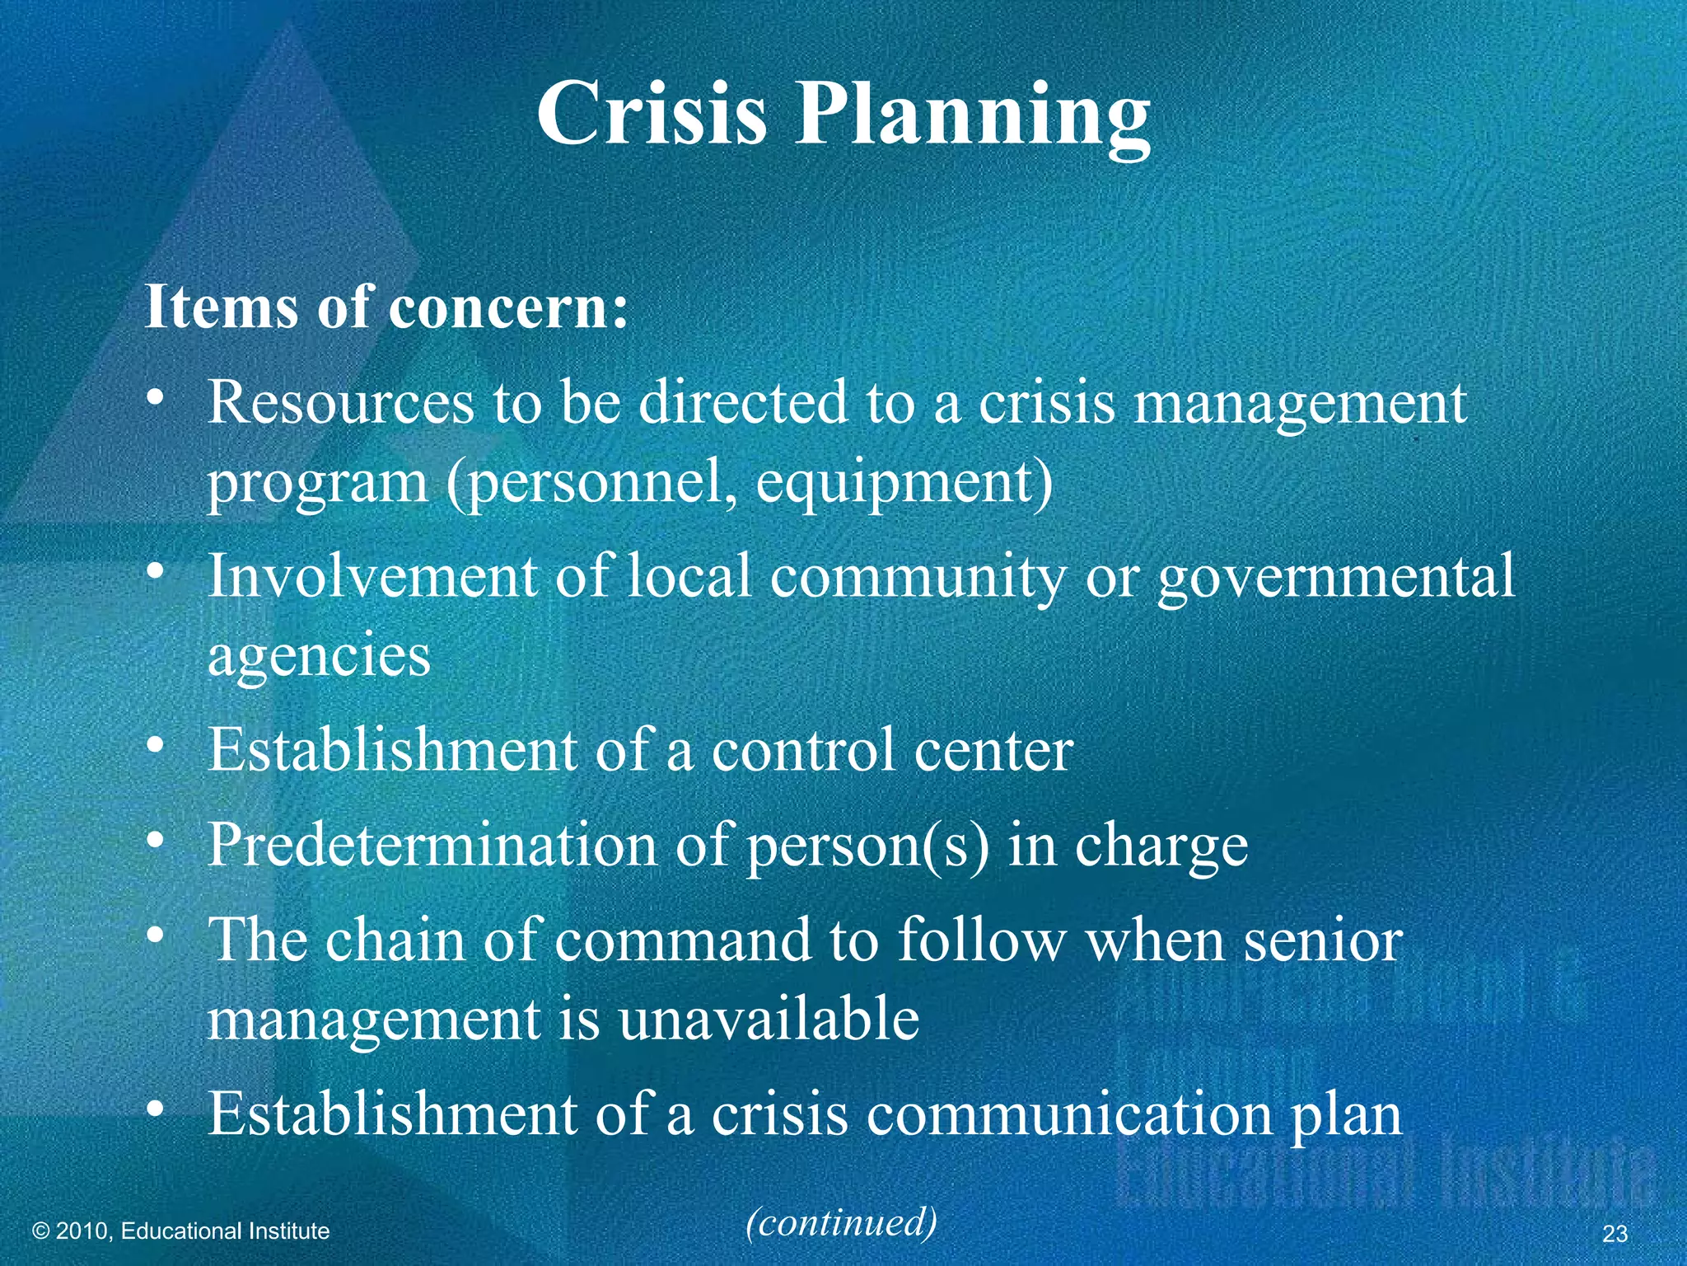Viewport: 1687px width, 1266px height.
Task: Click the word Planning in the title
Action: [x=972, y=117]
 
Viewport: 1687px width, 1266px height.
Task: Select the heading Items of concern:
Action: [x=386, y=307]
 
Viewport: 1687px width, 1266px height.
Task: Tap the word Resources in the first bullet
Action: [x=340, y=403]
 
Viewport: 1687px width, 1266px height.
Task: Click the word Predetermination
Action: [x=431, y=846]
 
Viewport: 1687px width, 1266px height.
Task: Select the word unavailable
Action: [x=768, y=1020]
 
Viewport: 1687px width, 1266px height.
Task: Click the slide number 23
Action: [x=1615, y=1234]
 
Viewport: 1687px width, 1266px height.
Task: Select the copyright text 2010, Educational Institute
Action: [x=180, y=1231]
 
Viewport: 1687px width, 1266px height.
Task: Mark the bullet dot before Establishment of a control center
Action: [x=156, y=747]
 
